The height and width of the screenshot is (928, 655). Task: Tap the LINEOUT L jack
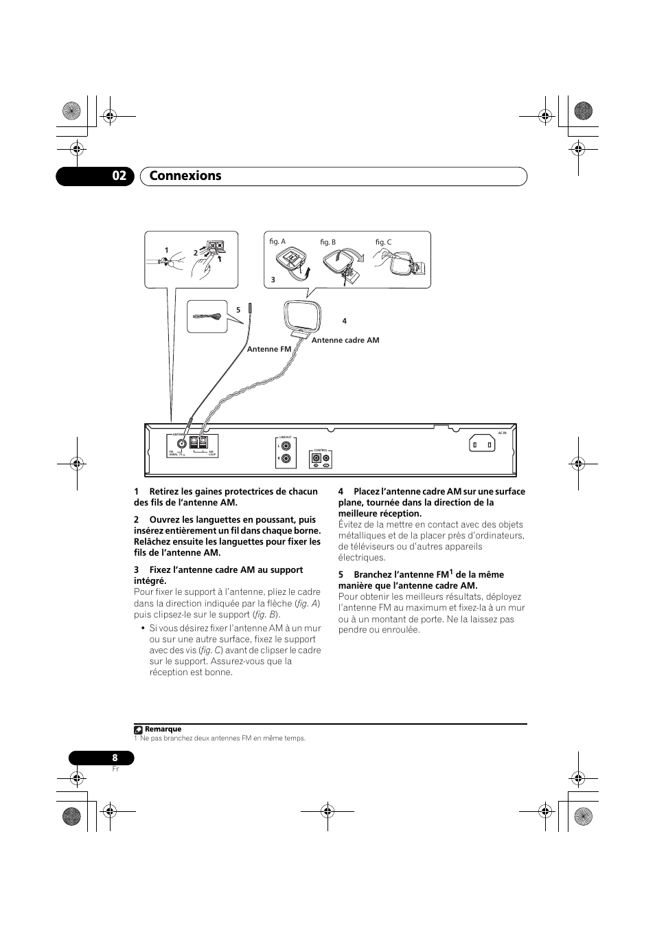(x=286, y=445)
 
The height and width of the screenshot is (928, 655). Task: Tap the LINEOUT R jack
(x=286, y=458)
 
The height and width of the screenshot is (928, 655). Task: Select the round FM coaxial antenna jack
(x=182, y=443)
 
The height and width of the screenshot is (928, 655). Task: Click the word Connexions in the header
(x=186, y=176)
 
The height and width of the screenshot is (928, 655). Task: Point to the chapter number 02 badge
(x=119, y=176)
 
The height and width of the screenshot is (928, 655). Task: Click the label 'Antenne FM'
(x=269, y=350)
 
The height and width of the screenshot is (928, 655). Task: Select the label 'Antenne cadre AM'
(x=345, y=341)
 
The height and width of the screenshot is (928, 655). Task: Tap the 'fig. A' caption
(x=277, y=242)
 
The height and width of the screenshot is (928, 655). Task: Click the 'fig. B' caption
(x=328, y=242)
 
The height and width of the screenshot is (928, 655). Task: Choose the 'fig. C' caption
(x=383, y=242)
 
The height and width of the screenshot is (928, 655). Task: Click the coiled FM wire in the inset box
(x=209, y=316)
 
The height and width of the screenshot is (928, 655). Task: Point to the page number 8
(x=115, y=758)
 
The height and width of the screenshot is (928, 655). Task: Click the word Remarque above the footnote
(x=163, y=729)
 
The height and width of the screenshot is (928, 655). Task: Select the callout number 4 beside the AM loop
(x=345, y=321)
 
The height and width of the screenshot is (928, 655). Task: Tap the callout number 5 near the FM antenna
(x=238, y=310)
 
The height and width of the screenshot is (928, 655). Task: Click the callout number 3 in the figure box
(x=273, y=280)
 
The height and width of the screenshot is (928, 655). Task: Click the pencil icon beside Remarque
(x=138, y=729)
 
